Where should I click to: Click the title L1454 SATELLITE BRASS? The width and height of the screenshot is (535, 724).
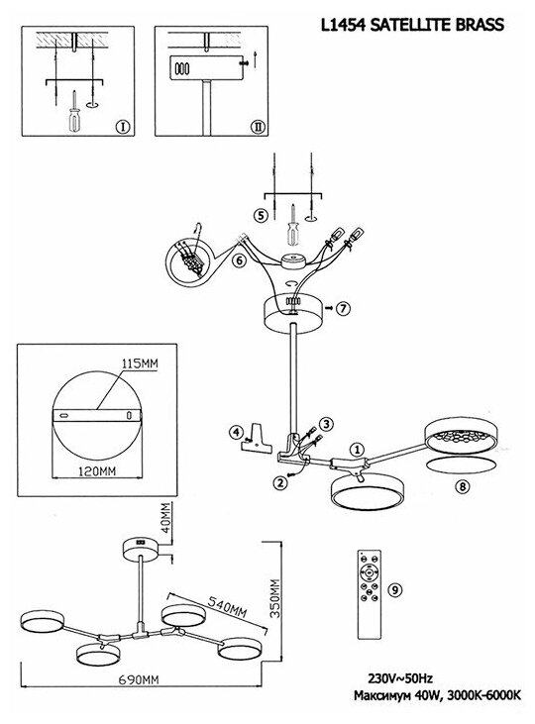point(412,25)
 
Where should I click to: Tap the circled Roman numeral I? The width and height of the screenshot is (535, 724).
point(123,127)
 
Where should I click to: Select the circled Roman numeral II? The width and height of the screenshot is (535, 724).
point(258,127)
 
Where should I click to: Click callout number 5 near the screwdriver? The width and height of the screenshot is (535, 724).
point(261,216)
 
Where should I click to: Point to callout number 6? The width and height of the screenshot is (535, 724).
point(239,260)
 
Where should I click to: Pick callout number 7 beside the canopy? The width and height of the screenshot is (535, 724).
point(343,308)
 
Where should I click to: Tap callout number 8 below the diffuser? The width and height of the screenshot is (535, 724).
point(463,486)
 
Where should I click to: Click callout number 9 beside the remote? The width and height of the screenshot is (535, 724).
point(395,589)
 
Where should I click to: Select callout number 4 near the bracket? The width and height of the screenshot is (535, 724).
point(236,433)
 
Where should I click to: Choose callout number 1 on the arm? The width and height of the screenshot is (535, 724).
point(357,449)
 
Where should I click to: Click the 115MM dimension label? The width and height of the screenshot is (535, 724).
point(140,363)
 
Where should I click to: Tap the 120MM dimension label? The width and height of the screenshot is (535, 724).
point(97,471)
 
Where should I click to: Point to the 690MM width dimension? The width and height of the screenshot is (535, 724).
point(139,679)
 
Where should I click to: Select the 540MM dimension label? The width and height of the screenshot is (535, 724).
point(227,607)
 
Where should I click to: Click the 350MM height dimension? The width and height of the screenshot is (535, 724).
point(274,598)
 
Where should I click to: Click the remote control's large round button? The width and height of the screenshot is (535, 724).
point(370,572)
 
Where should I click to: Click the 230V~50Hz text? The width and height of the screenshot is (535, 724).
point(400,678)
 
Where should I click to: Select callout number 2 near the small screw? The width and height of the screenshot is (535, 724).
point(278,483)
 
